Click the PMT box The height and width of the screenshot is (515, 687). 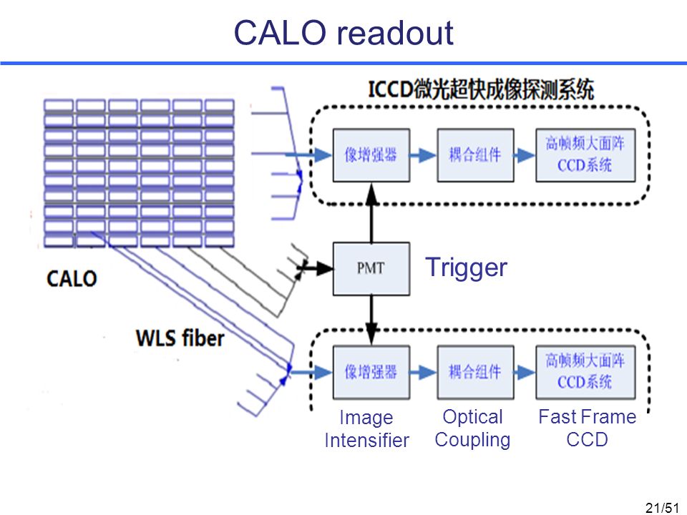pos(371,268)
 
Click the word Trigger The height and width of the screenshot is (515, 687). pos(466,267)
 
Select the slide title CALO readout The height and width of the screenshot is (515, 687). pos(343,32)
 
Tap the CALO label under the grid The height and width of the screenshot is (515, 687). pos(72,278)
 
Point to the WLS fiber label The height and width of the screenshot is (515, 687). pos(180,338)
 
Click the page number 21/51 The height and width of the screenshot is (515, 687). pos(662,508)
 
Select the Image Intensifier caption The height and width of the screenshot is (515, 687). pos(366,428)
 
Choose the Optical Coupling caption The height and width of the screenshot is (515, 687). pos(473,428)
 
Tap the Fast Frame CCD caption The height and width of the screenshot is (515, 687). pos(587,428)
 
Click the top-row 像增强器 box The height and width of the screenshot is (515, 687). pos(371,155)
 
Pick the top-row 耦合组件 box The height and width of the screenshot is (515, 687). pos(475,155)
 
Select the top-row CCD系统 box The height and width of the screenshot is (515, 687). pos(586,155)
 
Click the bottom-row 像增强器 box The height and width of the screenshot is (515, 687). pos(371,372)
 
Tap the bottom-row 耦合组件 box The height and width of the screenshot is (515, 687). pos(475,372)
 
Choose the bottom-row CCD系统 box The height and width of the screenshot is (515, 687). pos(586,372)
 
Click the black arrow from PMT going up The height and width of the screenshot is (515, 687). pos(371,213)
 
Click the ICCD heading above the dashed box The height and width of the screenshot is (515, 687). pos(481,90)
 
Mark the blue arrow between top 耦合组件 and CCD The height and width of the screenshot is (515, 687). pos(525,155)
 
